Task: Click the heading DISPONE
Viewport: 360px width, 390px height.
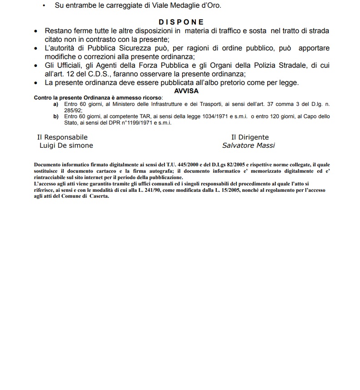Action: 181,22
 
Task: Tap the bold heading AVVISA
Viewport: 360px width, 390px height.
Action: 186,90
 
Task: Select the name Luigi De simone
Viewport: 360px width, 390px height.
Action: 66,145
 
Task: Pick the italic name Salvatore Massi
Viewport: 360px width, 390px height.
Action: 249,145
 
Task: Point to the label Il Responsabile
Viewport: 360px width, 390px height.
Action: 62,137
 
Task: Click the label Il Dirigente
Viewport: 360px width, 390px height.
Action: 250,137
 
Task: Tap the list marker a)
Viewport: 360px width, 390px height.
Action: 56,104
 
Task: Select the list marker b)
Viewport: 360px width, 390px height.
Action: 56,116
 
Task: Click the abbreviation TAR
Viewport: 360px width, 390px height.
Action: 139,116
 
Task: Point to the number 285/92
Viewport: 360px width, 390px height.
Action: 73,110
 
